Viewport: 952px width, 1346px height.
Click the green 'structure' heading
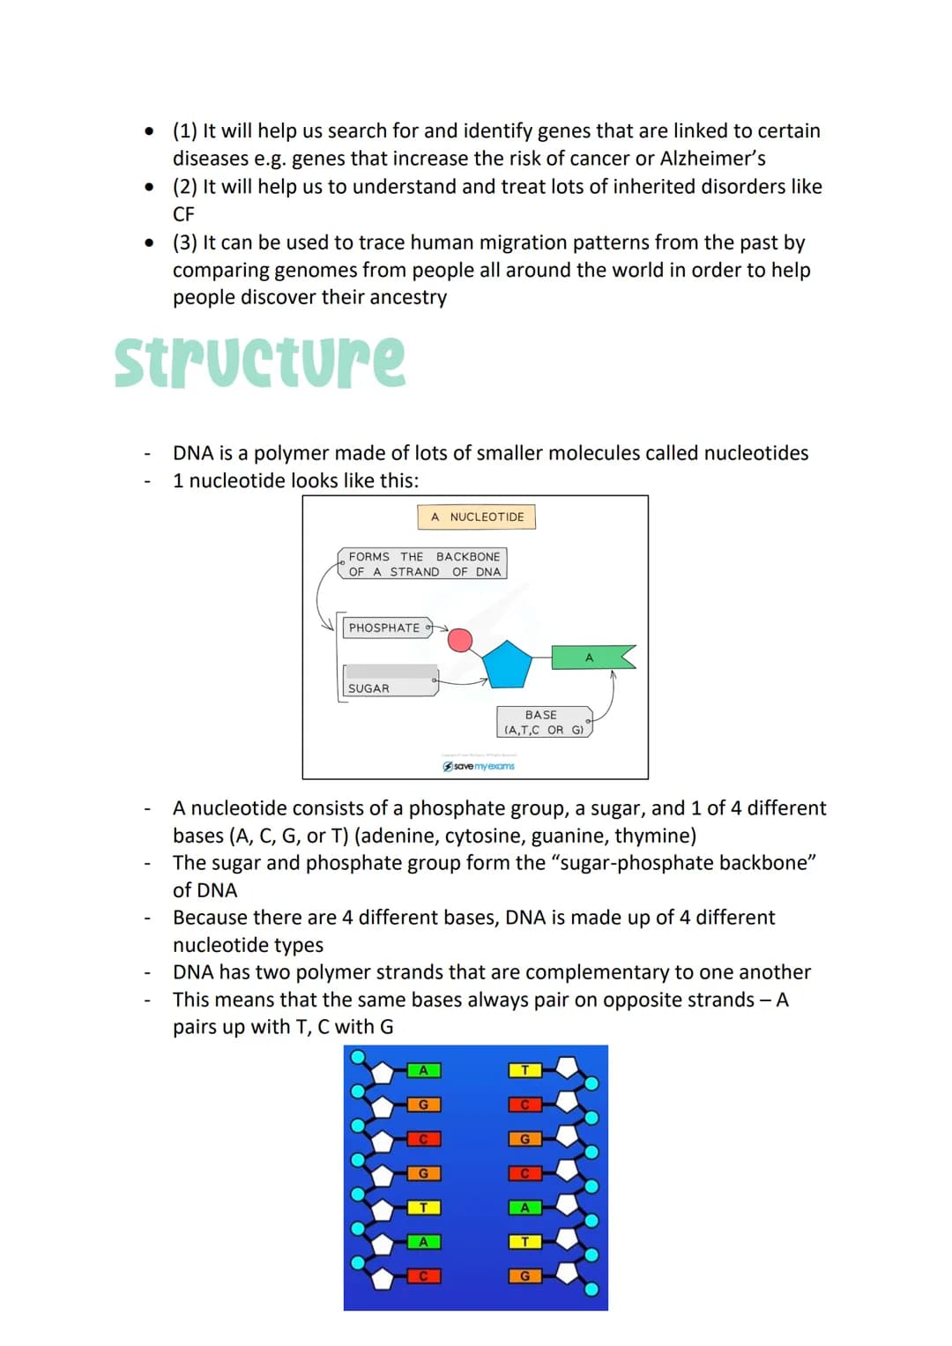pos(260,361)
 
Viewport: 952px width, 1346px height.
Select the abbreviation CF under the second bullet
pos(183,214)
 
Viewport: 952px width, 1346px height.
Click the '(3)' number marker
pos(185,242)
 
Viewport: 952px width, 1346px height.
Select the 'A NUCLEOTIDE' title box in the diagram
pos(477,517)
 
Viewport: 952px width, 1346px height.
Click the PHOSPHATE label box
pos(384,628)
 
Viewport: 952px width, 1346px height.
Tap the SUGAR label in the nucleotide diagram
pos(368,688)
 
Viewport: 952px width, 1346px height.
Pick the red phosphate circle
pos(460,639)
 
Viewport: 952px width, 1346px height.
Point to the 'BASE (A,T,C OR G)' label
pos(542,722)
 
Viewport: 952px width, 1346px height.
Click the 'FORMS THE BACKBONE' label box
pos(424,564)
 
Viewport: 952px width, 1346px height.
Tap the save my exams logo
pos(479,766)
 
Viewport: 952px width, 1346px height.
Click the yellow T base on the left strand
pos(423,1208)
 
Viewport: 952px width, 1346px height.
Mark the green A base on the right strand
pos(524,1208)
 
